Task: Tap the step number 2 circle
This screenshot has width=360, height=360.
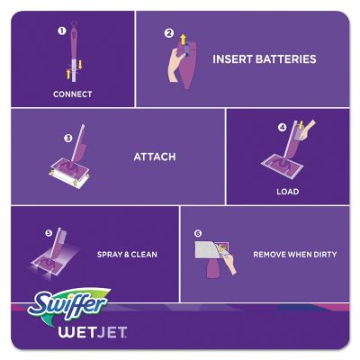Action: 168,33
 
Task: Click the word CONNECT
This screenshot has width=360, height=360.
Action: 73,94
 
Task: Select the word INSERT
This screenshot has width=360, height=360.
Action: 231,59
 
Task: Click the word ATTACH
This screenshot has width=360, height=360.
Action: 154,157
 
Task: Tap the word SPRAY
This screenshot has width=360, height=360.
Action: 112,255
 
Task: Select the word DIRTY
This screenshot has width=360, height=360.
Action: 320,255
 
